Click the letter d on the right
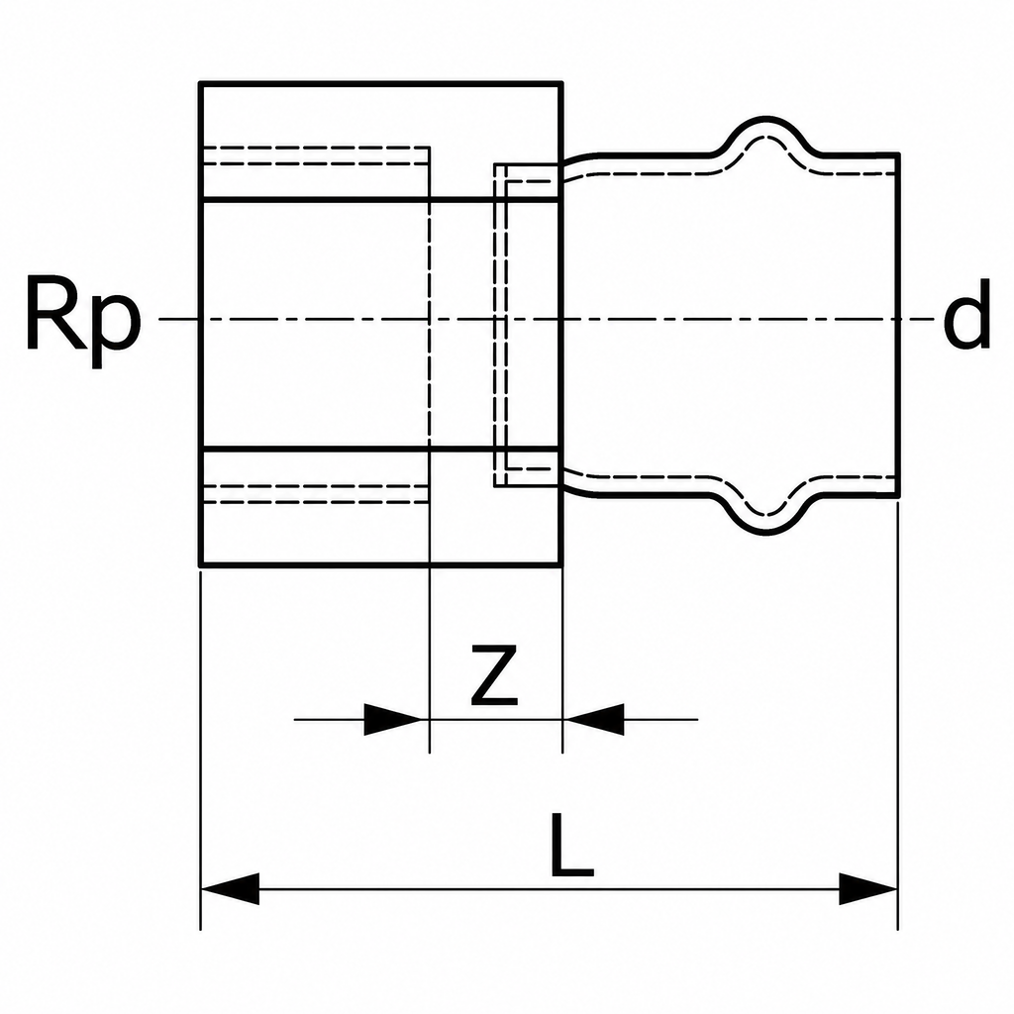point(966,315)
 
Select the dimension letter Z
point(495,674)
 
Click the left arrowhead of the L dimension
point(230,888)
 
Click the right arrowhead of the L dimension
point(867,888)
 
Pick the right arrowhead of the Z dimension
point(594,719)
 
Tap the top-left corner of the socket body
point(201,83)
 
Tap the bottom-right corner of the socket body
point(560,565)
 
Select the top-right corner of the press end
point(898,153)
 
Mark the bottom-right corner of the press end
point(898,496)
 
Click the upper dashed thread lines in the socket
point(316,155)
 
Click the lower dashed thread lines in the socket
point(316,493)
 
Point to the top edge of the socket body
point(381,83)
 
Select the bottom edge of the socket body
point(381,565)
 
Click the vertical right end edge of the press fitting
point(898,325)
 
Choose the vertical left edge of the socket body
point(201,325)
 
